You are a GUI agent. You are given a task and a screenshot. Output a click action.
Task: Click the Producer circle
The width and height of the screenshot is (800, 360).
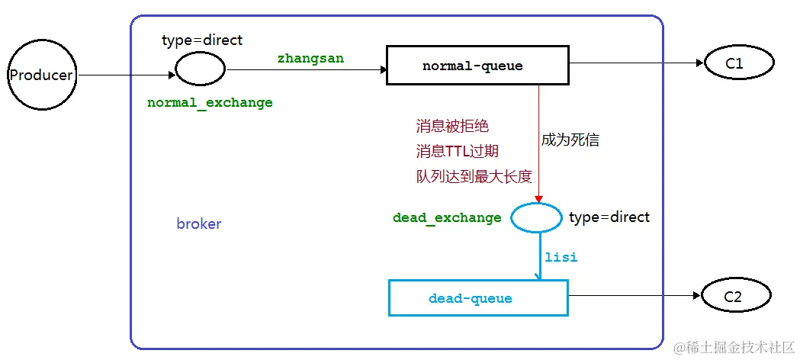tap(40, 75)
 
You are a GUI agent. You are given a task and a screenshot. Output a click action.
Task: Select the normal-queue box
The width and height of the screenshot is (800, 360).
tap(477, 66)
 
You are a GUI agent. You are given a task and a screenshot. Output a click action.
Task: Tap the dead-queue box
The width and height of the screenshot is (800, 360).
tap(478, 298)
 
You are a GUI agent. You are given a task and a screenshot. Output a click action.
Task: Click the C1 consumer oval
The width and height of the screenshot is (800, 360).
tap(734, 64)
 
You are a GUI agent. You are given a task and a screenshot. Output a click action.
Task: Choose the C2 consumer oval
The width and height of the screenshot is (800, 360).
tap(734, 297)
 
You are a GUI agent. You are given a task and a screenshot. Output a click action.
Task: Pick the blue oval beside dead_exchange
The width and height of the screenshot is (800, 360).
tap(536, 218)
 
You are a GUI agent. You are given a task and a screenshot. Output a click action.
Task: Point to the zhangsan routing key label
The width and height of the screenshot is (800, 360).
tap(310, 57)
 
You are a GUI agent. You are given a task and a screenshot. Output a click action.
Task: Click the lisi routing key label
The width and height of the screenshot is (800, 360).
tap(561, 257)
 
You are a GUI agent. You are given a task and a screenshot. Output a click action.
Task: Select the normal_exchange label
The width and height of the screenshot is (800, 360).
tap(210, 102)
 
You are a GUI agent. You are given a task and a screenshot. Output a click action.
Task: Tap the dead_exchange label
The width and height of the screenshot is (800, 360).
tap(447, 218)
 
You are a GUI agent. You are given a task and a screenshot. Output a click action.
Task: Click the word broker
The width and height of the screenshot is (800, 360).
tap(198, 224)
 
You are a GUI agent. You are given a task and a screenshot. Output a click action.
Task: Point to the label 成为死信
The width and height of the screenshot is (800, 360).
tap(570, 140)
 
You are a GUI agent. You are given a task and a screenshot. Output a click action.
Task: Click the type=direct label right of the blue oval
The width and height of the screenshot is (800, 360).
tap(609, 217)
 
